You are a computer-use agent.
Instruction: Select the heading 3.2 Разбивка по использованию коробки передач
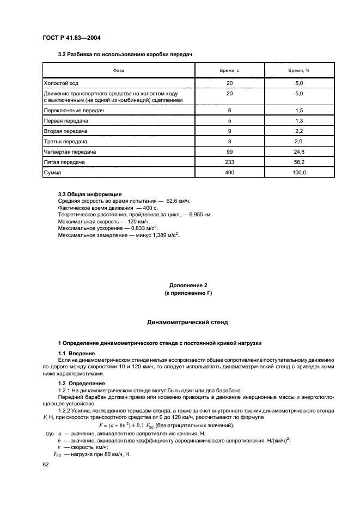click(x=125, y=54)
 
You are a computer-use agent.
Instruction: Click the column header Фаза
click(x=119, y=71)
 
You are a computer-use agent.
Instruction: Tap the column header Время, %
click(x=298, y=71)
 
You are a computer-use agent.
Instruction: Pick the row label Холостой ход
click(x=62, y=83)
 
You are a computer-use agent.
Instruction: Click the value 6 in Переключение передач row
click(x=229, y=110)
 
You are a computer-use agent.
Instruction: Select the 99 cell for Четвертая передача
click(x=229, y=152)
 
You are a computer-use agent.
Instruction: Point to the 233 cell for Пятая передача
click(x=229, y=162)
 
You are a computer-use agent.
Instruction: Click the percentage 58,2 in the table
click(x=298, y=162)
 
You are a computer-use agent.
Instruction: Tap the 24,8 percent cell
click(x=298, y=152)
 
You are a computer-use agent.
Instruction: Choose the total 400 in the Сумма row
click(x=229, y=173)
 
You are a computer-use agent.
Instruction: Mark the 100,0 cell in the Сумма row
click(x=298, y=173)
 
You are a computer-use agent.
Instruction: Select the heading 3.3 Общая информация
click(x=89, y=194)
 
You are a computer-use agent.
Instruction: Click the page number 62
click(x=46, y=465)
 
